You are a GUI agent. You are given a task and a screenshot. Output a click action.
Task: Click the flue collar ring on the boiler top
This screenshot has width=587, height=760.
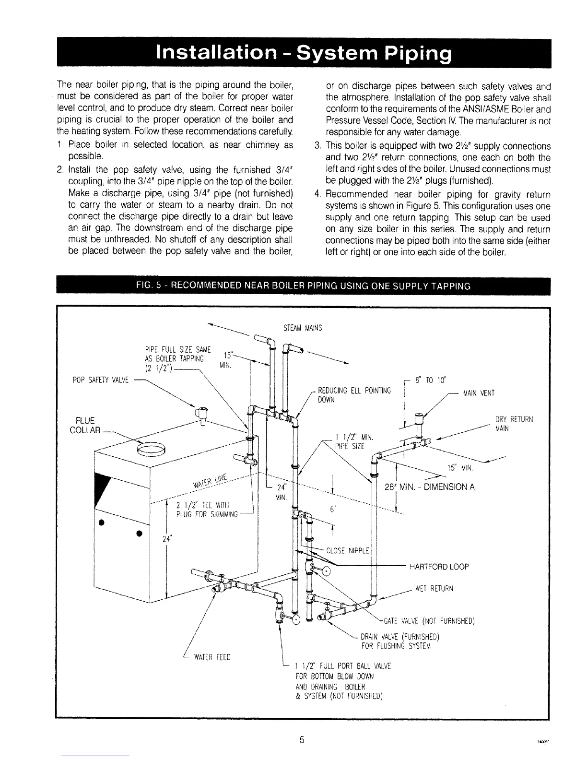(151, 449)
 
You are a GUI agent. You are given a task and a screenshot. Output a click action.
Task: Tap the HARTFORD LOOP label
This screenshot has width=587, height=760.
(439, 566)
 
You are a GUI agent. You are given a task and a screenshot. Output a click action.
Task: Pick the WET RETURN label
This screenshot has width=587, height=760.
(434, 589)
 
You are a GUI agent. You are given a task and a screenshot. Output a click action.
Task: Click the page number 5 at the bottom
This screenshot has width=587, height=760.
(302, 739)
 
